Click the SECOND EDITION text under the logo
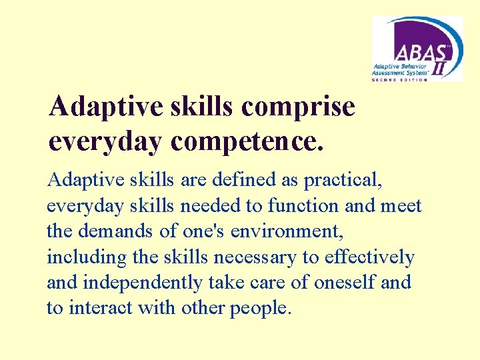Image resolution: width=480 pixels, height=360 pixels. pyautogui.click(x=399, y=79)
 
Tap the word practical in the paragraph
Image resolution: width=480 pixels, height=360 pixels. pyautogui.click(x=344, y=180)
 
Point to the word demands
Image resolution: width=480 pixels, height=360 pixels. pyautogui.click(x=109, y=231)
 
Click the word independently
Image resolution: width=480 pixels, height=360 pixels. pyautogui.click(x=143, y=283)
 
